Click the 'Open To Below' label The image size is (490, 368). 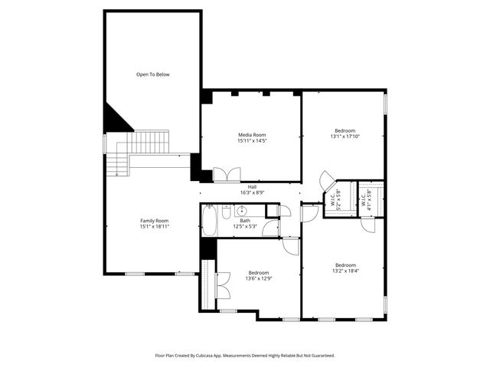[x=152, y=74]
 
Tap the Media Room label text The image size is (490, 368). [x=252, y=135]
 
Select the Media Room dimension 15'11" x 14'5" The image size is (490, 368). [x=252, y=141]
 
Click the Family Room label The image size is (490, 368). [x=154, y=221]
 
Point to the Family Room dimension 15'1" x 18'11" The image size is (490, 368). [x=154, y=227]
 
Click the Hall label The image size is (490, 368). [x=252, y=186]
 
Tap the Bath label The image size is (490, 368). [x=245, y=221]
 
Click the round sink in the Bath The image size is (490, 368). [x=241, y=210]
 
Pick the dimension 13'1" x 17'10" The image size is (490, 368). [x=345, y=136]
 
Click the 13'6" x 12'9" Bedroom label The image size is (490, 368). [x=258, y=273]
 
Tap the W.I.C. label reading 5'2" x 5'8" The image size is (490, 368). [x=333, y=200]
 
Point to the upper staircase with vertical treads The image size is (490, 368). [x=149, y=142]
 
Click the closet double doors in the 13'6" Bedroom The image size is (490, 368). [x=223, y=285]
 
